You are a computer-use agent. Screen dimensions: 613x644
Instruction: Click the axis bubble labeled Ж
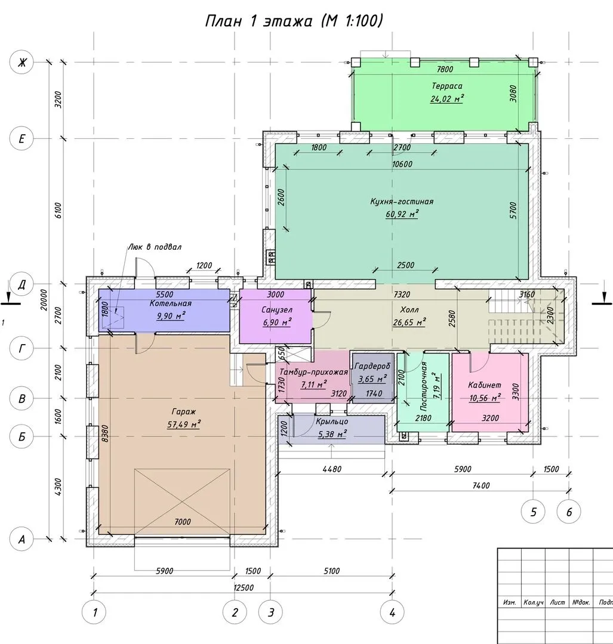click(x=21, y=63)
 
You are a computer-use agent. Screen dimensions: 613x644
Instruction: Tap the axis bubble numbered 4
click(x=392, y=612)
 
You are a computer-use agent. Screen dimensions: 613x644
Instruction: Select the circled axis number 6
click(x=569, y=512)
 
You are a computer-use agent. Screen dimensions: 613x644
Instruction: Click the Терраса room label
click(x=447, y=86)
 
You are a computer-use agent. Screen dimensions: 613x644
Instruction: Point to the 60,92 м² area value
click(x=402, y=214)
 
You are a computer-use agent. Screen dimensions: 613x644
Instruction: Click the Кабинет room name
click(x=485, y=385)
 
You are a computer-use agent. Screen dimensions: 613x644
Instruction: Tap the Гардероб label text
click(x=372, y=366)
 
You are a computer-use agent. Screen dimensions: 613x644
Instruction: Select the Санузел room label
click(x=277, y=309)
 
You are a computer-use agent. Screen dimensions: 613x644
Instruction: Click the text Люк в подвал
click(x=155, y=247)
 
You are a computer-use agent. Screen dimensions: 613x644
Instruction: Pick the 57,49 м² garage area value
click(x=184, y=424)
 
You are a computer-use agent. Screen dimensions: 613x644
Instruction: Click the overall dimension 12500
click(x=244, y=587)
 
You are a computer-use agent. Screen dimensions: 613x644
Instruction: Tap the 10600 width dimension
click(x=402, y=164)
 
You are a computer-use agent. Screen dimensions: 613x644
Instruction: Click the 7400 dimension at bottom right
click(x=481, y=485)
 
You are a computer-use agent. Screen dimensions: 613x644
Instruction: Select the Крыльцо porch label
click(x=332, y=422)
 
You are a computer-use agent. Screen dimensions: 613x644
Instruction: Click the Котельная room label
click(x=171, y=303)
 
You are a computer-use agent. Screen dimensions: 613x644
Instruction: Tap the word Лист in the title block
click(x=557, y=602)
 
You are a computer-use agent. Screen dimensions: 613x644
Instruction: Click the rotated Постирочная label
click(x=424, y=386)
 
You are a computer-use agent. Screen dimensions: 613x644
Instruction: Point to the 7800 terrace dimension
click(x=445, y=69)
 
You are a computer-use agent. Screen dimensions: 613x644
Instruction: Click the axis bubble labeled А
click(x=21, y=539)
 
